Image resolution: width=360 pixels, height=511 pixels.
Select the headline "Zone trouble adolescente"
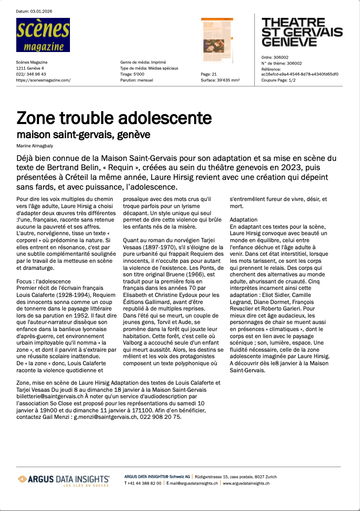(x=114, y=118)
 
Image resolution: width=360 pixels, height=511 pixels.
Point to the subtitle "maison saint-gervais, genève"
(x=83, y=134)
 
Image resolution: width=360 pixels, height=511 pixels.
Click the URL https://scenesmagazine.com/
(x=43, y=80)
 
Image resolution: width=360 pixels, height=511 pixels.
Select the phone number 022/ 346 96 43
(x=31, y=74)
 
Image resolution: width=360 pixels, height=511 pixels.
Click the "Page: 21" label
(x=209, y=74)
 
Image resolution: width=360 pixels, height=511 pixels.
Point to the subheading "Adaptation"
(x=243, y=219)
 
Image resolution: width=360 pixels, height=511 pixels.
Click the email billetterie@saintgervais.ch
(x=50, y=396)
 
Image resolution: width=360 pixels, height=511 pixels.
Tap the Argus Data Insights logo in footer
(x=63, y=480)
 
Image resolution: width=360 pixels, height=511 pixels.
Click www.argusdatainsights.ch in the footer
(x=246, y=483)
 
